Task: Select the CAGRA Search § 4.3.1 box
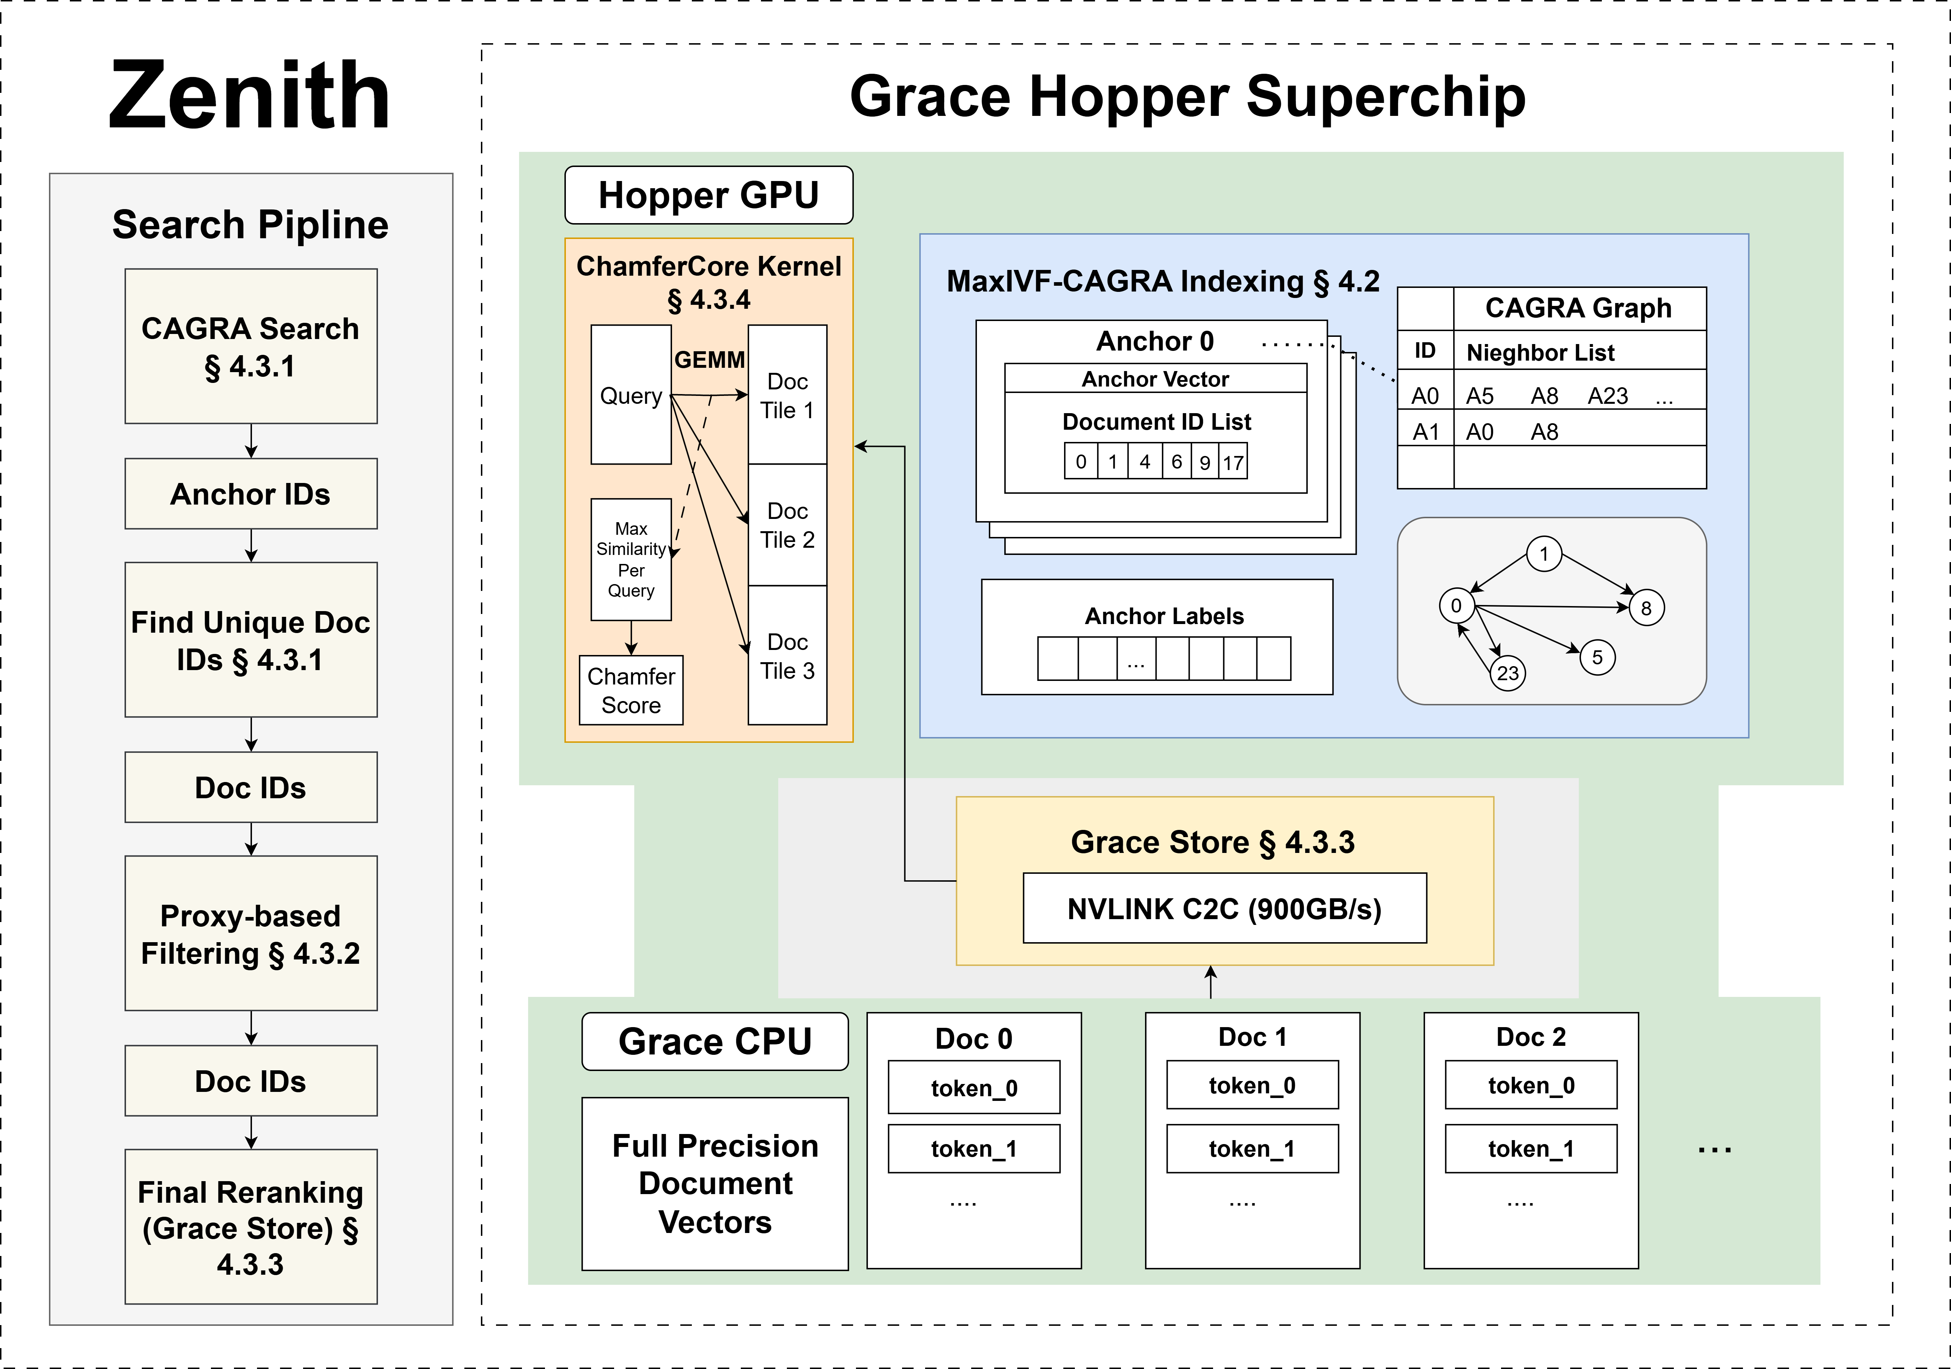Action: click(251, 347)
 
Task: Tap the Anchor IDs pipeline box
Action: click(251, 494)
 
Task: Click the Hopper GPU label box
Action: click(709, 195)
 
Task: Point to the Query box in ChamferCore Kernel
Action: click(631, 395)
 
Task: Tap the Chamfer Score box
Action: click(631, 690)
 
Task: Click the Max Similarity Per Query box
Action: click(631, 559)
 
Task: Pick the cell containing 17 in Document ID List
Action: click(1233, 462)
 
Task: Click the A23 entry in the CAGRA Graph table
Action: click(1608, 396)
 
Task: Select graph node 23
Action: click(1508, 673)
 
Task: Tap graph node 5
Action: click(1597, 657)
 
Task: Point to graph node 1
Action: click(1544, 554)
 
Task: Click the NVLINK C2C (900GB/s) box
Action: click(1225, 908)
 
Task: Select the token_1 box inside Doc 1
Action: click(1252, 1149)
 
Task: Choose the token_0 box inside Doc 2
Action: click(1530, 1085)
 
